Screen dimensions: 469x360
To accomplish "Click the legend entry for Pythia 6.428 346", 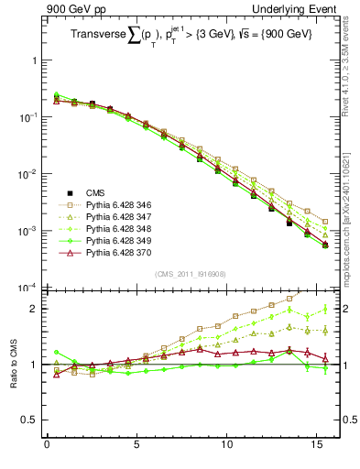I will [x=118, y=204].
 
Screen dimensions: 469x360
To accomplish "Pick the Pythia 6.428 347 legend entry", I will [x=118, y=216].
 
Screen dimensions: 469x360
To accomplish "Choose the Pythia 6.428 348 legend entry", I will [x=118, y=228].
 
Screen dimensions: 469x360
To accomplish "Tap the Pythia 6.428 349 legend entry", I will [x=118, y=240].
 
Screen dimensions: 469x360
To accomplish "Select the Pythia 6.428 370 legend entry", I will [x=118, y=252].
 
